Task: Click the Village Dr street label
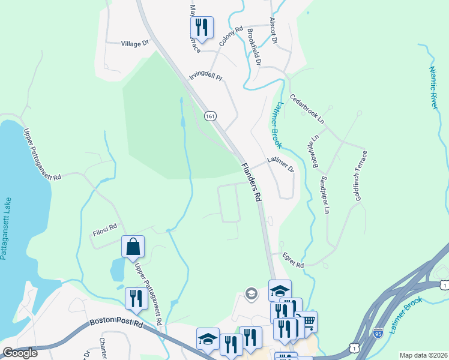134,44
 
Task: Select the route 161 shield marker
209,116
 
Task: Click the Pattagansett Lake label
5,227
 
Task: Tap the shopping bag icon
133,246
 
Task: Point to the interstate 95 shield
378,332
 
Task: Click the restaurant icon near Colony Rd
201,27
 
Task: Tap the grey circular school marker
252,293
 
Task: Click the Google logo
20,353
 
